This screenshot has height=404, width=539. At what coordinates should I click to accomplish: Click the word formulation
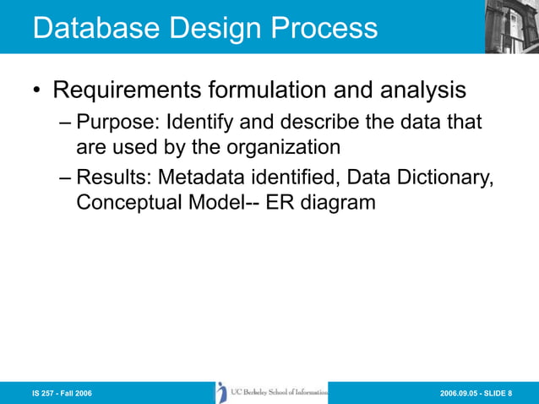click(287, 89)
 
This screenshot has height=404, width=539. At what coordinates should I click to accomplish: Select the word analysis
click(422, 89)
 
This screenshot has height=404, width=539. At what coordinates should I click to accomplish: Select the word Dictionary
click(444, 178)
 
